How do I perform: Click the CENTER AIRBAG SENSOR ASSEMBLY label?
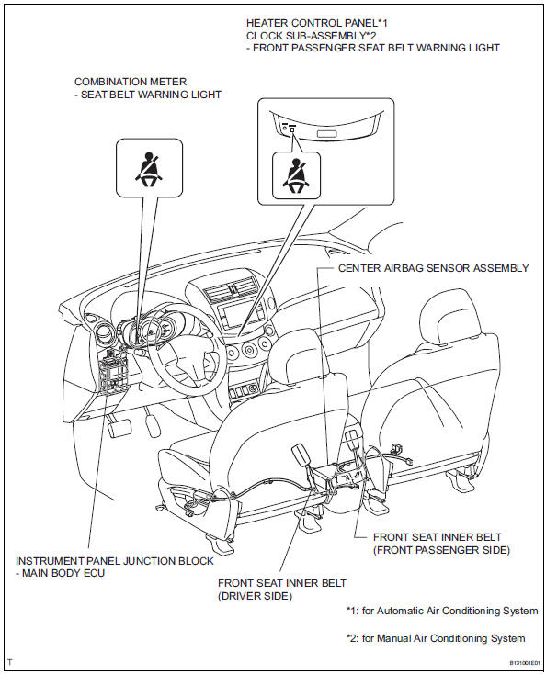(433, 268)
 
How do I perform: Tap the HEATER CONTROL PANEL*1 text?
(317, 23)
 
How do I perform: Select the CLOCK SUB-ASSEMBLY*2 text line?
(311, 35)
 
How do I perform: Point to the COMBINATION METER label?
(131, 82)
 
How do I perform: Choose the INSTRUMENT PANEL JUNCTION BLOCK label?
(115, 561)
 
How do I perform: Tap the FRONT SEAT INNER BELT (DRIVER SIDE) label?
(282, 590)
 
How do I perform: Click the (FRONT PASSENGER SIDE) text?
(441, 550)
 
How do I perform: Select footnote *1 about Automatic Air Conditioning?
(442, 611)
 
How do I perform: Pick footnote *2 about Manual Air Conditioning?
(436, 638)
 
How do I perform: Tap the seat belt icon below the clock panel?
(296, 175)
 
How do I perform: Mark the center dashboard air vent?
(231, 291)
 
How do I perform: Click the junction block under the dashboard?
(113, 374)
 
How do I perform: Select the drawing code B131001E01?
(525, 662)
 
